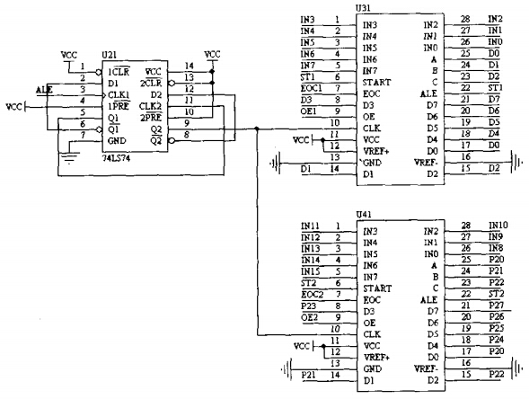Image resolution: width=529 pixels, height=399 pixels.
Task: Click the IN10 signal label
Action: (x=497, y=225)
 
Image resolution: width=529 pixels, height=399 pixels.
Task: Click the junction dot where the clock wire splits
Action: (x=257, y=127)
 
